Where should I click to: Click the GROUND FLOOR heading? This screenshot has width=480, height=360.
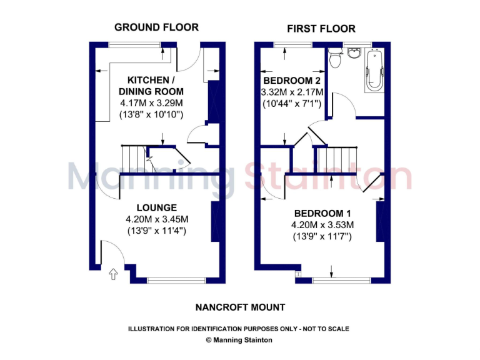coord(156,27)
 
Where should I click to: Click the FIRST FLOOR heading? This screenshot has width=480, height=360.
coord(321,29)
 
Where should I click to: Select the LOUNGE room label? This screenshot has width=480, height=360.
coord(156,207)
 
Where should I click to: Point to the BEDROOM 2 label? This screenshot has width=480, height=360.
coord(292,81)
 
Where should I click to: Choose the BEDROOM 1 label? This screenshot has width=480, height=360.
coord(322,213)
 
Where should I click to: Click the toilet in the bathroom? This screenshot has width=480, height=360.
coord(335,60)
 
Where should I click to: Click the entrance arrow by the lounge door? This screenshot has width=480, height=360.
coord(113,273)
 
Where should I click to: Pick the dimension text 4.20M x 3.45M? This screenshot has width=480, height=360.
coord(156,219)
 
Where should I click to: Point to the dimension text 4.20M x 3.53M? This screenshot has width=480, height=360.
coord(322,225)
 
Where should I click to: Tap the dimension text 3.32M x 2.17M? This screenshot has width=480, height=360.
coord(292,92)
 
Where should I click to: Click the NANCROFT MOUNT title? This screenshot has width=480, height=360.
coord(241,307)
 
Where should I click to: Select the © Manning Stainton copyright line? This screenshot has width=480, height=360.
coord(239,341)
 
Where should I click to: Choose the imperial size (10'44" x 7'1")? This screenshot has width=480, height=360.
coord(292,103)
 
